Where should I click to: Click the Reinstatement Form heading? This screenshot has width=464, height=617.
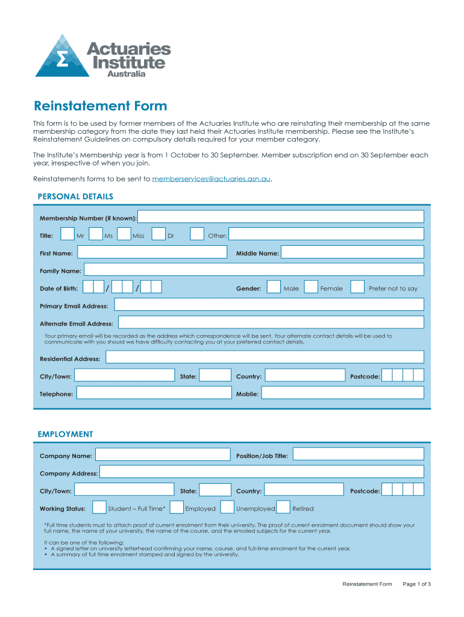pyautogui.click(x=100, y=106)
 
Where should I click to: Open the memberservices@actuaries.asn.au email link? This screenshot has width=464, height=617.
pyautogui.click(x=211, y=179)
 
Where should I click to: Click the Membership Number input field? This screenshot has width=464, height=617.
pyautogui.click(x=281, y=217)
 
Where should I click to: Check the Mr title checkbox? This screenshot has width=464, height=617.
pyautogui.click(x=68, y=234)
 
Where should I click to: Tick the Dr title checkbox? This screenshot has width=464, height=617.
pyautogui.click(x=159, y=234)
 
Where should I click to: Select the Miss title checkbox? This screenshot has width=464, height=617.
pyautogui.click(x=124, y=234)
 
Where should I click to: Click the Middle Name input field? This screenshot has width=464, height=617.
pyautogui.click(x=353, y=252)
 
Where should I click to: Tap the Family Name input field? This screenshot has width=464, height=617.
pyautogui.click(x=254, y=270)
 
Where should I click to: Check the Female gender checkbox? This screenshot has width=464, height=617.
pyautogui.click(x=311, y=287)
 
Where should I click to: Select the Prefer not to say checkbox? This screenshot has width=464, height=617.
pyautogui.click(x=357, y=287)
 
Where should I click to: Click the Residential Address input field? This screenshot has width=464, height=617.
pyautogui.click(x=265, y=358)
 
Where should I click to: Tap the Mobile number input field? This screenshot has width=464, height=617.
pyautogui.click(x=342, y=393)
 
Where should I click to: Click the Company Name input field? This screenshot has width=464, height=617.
pyautogui.click(x=163, y=455)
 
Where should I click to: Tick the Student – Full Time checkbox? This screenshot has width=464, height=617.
pyautogui.click(x=100, y=508)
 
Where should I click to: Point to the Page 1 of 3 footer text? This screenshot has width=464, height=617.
pyautogui.click(x=416, y=584)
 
